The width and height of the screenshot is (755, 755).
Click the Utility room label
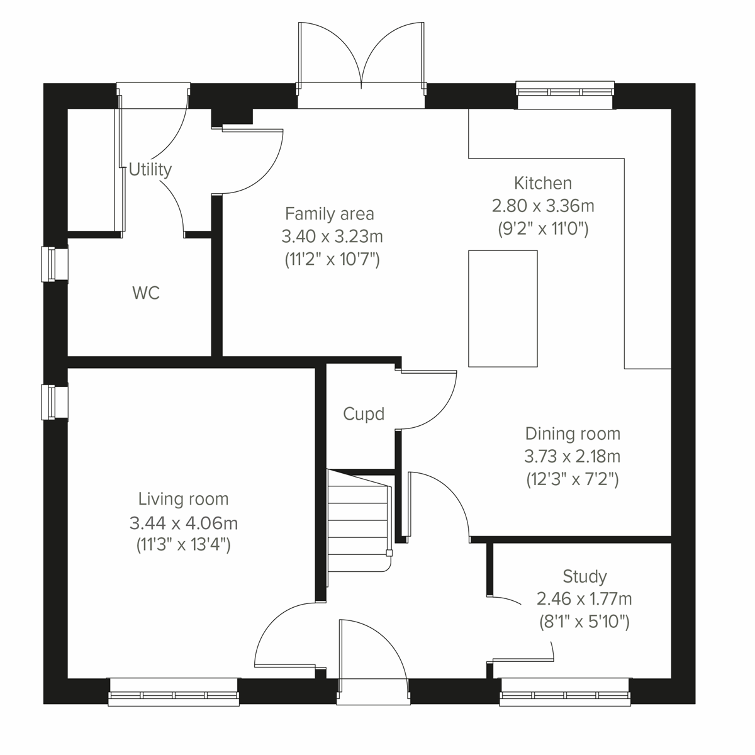click(x=150, y=169)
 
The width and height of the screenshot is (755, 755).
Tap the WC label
click(x=146, y=293)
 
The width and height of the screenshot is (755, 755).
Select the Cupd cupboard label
click(x=364, y=414)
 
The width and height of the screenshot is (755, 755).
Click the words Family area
click(x=330, y=214)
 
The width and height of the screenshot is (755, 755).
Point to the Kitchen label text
click(x=543, y=183)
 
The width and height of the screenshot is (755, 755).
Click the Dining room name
click(x=573, y=433)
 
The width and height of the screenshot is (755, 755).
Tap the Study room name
click(x=584, y=576)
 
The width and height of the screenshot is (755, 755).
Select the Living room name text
click(x=183, y=499)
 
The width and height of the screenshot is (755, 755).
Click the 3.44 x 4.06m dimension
click(x=183, y=522)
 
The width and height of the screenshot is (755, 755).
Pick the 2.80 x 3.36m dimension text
click(x=543, y=206)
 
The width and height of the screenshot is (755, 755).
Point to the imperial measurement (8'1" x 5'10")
click(x=584, y=622)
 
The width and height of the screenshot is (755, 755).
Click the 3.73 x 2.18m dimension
click(x=573, y=456)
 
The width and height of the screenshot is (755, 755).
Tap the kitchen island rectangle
click(x=503, y=308)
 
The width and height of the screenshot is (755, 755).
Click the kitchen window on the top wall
click(x=565, y=90)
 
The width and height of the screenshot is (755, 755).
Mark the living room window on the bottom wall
click(x=174, y=691)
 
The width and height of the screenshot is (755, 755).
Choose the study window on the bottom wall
click(x=565, y=691)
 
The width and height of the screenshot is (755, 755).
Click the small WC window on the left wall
click(x=54, y=264)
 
